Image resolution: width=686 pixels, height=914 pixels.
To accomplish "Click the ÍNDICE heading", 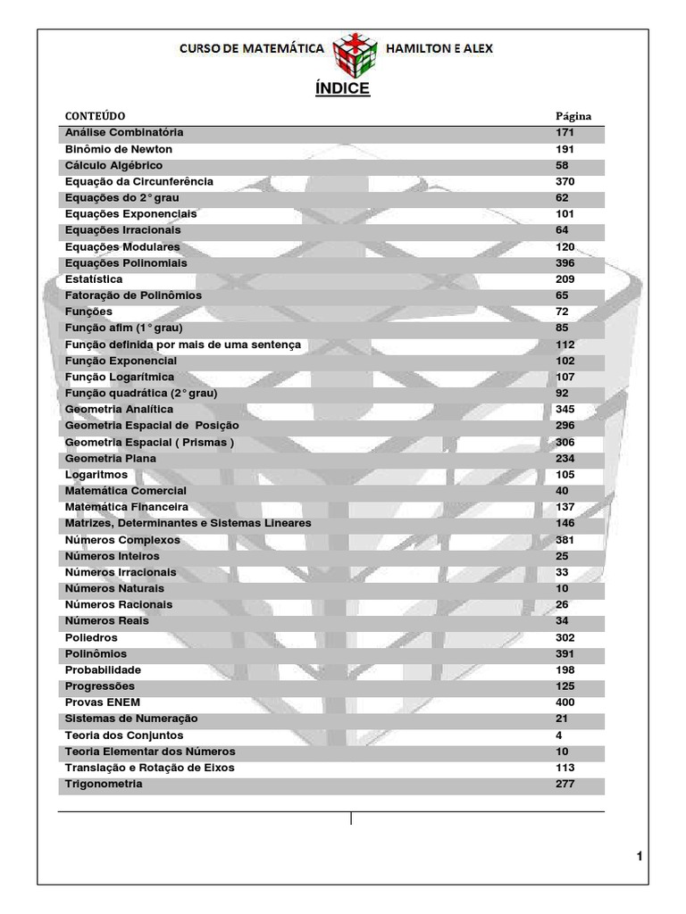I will point(342,89).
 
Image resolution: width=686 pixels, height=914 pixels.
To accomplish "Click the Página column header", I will point(573,116).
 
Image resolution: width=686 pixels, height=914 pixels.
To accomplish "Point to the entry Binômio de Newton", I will point(119,149).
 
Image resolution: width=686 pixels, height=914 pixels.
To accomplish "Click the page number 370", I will point(565,181).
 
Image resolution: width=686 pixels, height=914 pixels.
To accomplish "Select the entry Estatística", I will point(94,279).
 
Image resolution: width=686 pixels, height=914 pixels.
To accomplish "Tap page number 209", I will point(565,279).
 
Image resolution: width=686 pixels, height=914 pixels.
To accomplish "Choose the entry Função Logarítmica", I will point(120,377).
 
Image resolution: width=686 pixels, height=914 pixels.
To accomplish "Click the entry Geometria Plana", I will point(111,458).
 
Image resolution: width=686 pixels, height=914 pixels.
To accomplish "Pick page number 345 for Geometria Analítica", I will point(565,409).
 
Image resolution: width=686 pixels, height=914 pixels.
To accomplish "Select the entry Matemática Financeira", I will point(127,507).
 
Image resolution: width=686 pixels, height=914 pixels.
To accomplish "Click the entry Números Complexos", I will point(122,540).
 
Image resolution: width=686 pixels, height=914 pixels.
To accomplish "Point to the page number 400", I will point(565,702).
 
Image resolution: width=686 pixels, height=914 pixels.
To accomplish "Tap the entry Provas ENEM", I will point(103,702).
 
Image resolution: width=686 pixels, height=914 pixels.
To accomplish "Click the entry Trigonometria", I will point(104,784).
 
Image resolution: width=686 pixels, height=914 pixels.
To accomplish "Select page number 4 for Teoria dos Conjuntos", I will point(559,735).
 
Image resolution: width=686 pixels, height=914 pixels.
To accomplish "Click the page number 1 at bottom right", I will point(640,857).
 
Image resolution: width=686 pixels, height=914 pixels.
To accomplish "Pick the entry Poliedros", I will point(91,638).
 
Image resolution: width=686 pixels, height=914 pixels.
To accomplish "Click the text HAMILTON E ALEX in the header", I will point(438,48).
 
